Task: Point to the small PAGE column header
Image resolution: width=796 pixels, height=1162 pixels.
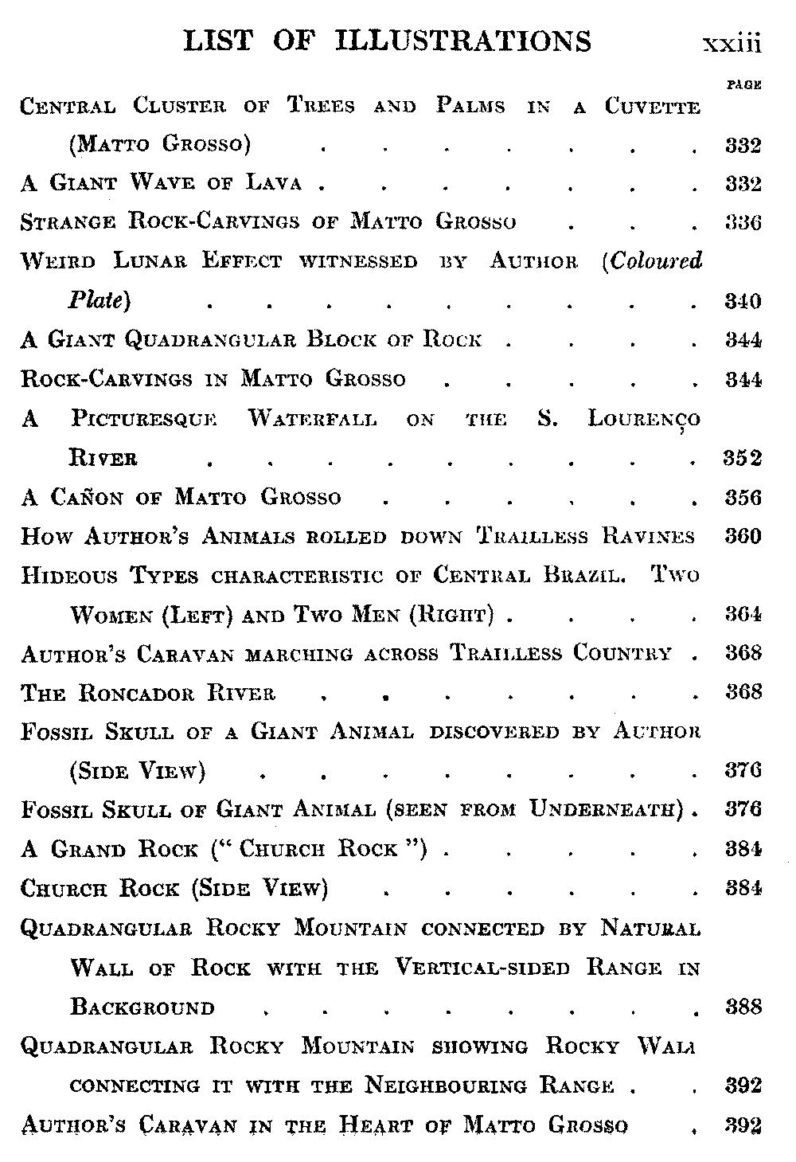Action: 743,84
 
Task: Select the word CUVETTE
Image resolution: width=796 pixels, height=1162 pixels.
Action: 652,106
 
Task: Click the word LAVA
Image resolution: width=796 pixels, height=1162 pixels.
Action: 274,183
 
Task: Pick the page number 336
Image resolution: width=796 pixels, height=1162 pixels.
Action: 743,222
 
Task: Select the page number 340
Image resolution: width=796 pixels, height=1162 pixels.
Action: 743,301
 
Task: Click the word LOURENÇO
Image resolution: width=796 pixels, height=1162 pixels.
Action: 644,420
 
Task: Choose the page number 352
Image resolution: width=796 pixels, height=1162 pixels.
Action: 742,458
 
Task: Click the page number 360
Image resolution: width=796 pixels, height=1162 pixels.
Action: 743,536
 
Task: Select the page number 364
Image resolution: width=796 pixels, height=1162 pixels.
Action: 743,614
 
